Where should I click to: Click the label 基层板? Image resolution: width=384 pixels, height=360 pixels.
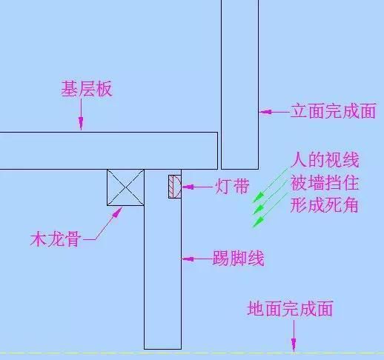pos(87,89)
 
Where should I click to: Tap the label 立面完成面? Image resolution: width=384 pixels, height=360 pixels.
pos(334,111)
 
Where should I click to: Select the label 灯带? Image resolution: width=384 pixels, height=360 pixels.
pos(232,187)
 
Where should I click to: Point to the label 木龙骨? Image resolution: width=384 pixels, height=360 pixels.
pos(56,239)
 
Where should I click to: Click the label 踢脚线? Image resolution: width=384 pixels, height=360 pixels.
pos(238,259)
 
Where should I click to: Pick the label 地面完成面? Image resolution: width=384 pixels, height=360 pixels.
pos(290,308)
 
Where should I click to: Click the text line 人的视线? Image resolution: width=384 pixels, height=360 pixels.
pos(325,160)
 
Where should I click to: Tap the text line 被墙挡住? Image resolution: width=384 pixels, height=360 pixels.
pos(325,183)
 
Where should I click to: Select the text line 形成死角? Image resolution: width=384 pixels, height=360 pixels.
pos(325,205)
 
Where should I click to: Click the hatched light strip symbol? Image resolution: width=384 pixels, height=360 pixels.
pos(175,187)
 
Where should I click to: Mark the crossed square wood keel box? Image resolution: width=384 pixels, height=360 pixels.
pos(125,187)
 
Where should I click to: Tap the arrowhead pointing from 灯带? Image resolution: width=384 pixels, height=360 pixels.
pos(188,187)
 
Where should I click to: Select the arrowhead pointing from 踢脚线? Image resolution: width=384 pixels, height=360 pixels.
pos(188,259)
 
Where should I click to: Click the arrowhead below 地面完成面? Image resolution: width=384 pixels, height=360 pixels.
pos(294,344)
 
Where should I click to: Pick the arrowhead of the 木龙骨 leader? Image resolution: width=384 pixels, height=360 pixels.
pos(118,212)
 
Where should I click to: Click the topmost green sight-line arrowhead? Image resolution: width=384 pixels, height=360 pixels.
pos(258,198)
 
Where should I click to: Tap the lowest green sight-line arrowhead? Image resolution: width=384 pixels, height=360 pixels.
pos(258,221)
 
